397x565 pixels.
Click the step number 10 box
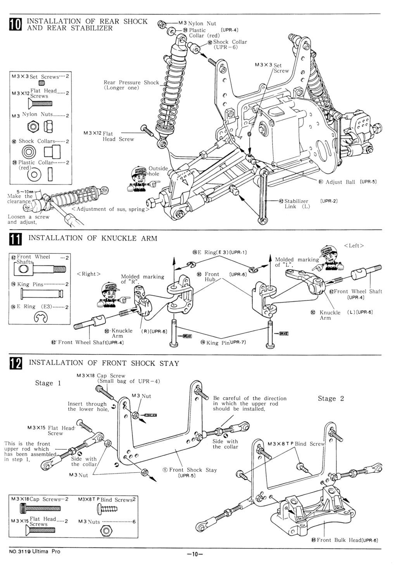pyautogui.click(x=17, y=24)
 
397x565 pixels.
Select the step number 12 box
pyautogui.click(x=17, y=364)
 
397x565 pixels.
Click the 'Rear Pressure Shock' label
pyautogui.click(x=131, y=85)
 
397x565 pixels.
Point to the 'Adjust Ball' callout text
pyautogui.click(x=340, y=182)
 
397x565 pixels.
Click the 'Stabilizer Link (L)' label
pyautogui.click(x=296, y=204)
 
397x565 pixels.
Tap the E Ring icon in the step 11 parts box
pyautogui.click(x=40, y=319)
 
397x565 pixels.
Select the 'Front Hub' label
pyautogui.click(x=212, y=277)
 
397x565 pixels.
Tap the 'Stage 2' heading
pyautogui.click(x=331, y=399)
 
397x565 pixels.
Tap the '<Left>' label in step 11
pyautogui.click(x=354, y=246)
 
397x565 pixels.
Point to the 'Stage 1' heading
pyautogui.click(x=48, y=383)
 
